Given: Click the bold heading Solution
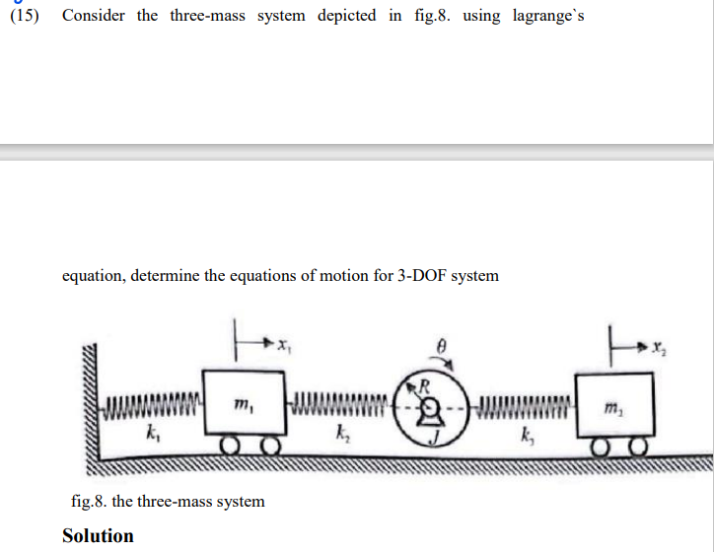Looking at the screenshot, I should click(x=98, y=535).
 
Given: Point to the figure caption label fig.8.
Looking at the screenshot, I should click(x=90, y=501).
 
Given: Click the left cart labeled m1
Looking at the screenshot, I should click(x=244, y=403).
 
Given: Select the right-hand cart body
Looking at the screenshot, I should click(x=612, y=404).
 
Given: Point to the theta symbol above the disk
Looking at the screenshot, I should click(x=443, y=348).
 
